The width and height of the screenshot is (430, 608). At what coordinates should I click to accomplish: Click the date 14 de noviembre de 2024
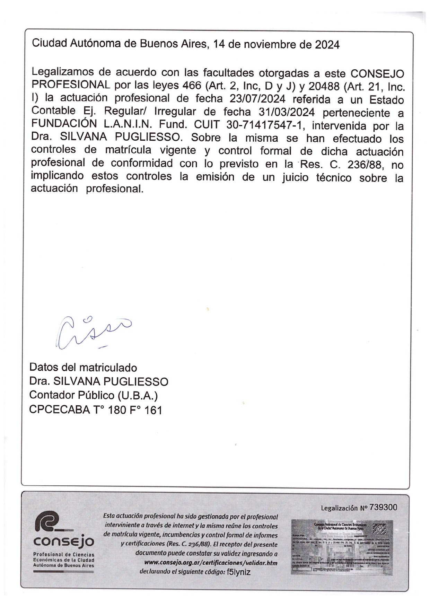(x=276, y=45)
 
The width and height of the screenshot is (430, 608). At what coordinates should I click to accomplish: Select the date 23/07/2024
(x=257, y=99)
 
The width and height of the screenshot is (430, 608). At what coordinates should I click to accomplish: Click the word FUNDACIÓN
(x=64, y=124)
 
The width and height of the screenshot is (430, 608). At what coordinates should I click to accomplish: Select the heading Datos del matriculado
(x=83, y=367)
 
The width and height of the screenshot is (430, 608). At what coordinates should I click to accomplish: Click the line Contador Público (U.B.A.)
(x=94, y=395)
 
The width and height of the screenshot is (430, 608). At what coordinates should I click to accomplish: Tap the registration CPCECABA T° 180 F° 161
(x=96, y=410)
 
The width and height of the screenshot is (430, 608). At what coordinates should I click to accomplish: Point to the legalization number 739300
(x=383, y=508)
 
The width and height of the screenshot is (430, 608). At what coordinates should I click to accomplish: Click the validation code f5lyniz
(x=238, y=572)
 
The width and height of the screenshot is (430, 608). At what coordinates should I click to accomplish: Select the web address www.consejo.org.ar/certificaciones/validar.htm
(x=211, y=563)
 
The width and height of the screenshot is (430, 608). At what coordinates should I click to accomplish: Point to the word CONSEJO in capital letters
(x=377, y=74)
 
